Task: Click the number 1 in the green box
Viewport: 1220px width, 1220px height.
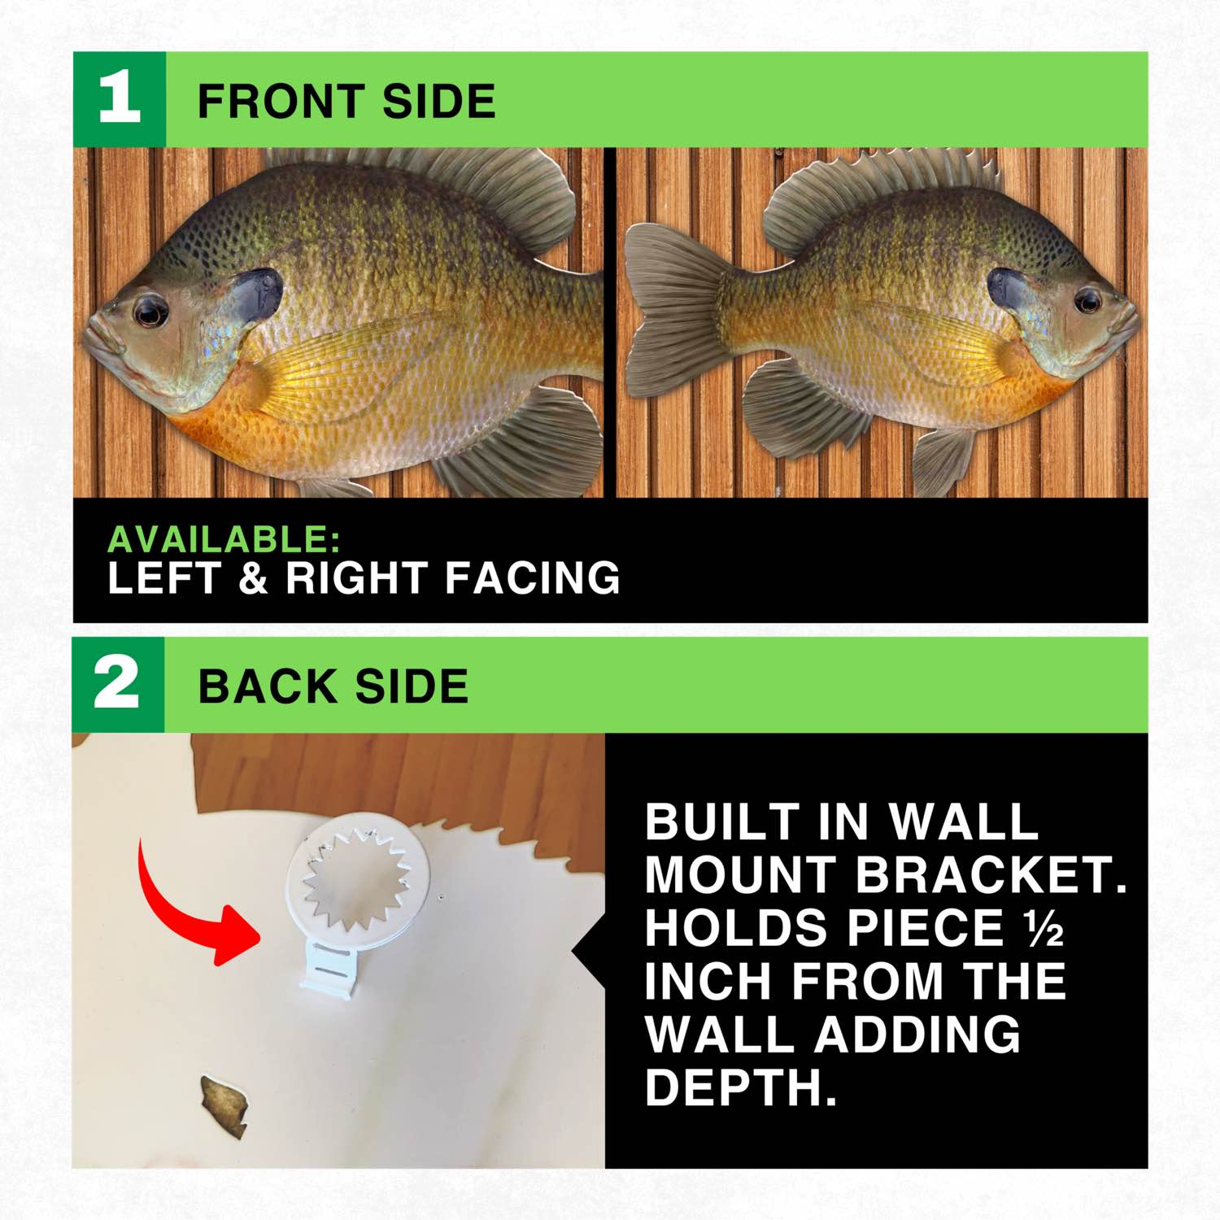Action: [x=119, y=99]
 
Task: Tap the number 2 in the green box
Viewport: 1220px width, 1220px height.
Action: [x=117, y=684]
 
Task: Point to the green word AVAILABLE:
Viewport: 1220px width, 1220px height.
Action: [x=224, y=540]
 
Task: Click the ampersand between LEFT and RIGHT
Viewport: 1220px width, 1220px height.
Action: [x=253, y=578]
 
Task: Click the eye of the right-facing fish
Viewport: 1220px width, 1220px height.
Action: [x=1087, y=302]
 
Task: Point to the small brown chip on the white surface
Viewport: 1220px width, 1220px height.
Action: [x=224, y=1107]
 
